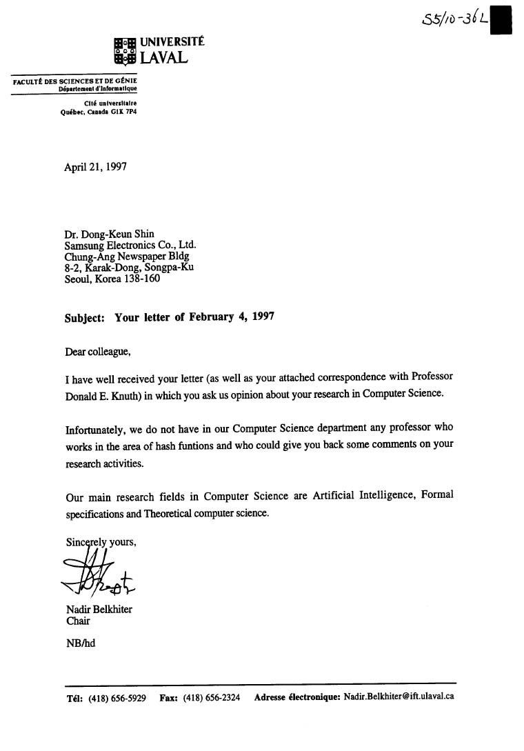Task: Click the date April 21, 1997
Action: click(95, 167)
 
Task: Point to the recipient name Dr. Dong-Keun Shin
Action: click(109, 234)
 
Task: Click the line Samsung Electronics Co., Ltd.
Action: click(130, 245)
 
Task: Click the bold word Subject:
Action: click(85, 318)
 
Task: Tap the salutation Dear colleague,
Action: click(97, 351)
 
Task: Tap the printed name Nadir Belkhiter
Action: click(99, 610)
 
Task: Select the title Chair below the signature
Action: click(77, 621)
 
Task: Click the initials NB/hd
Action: click(80, 643)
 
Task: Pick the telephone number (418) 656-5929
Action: click(117, 698)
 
